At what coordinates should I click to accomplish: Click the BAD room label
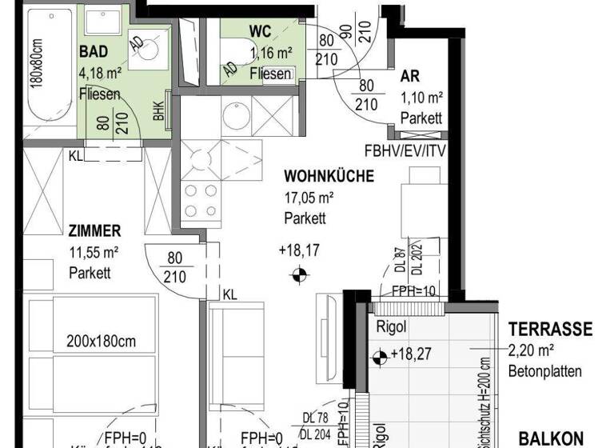[x=94, y=52]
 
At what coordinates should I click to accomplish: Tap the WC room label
[x=260, y=31]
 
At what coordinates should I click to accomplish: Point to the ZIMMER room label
[x=94, y=231]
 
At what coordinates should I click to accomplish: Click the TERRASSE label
[x=551, y=330]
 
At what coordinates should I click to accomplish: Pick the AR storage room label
[x=411, y=78]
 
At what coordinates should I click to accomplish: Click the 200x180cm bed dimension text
[x=101, y=341]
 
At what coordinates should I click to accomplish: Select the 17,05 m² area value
[x=309, y=198]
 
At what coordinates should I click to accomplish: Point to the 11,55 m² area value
[x=94, y=253]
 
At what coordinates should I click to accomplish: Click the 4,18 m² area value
[x=99, y=74]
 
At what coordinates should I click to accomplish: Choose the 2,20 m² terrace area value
[x=532, y=350]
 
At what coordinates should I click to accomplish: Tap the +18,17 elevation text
[x=299, y=250]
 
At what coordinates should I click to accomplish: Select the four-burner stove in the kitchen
[x=201, y=201]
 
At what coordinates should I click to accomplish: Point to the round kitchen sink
[x=236, y=114]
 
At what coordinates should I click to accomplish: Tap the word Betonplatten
[x=544, y=371]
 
